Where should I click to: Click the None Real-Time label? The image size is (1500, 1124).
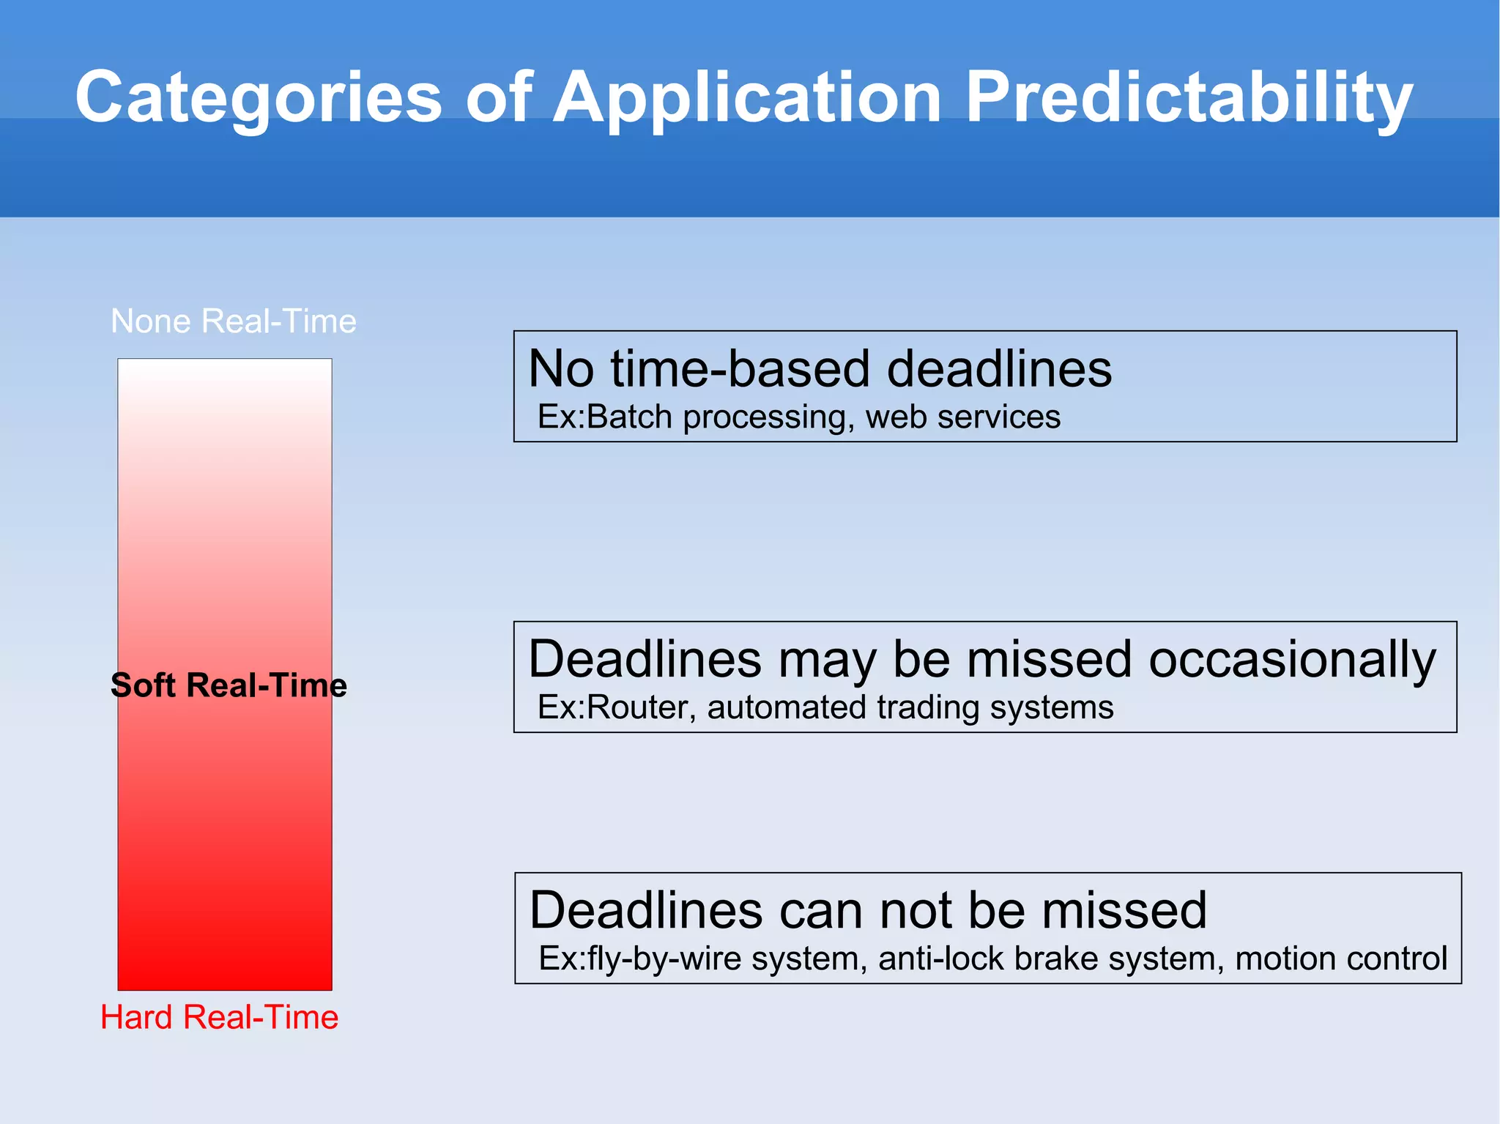tap(234, 321)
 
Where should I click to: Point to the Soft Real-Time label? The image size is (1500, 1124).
tap(229, 685)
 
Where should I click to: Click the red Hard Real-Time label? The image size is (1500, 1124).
tap(220, 1017)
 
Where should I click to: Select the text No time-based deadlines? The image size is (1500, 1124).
tap(820, 368)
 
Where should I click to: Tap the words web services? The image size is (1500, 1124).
tap(962, 417)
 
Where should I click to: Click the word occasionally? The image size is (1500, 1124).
tap(1292, 660)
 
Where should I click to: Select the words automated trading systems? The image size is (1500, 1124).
tap(910, 708)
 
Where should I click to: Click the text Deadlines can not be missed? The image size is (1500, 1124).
tap(868, 910)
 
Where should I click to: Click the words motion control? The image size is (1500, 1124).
tap(1341, 959)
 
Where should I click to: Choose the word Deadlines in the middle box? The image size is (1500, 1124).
tap(645, 660)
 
